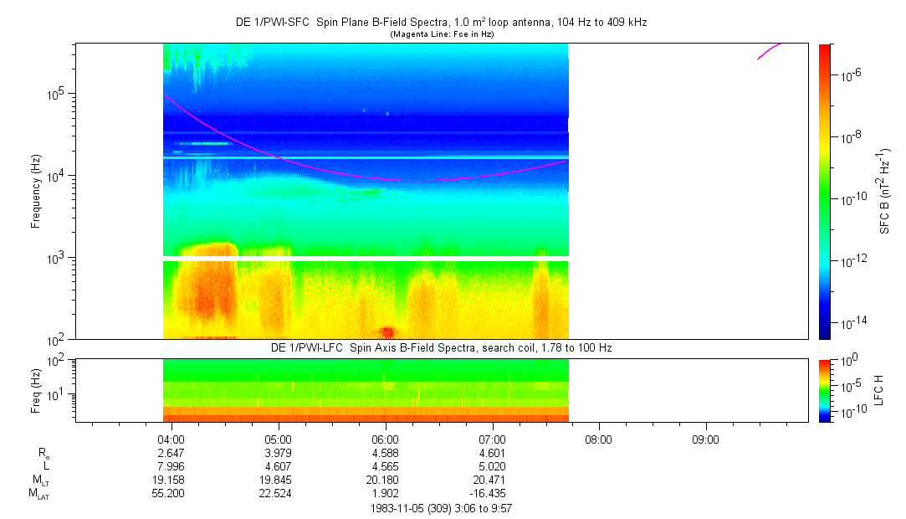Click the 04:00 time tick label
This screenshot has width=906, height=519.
171,439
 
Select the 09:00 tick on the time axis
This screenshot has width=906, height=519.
705,439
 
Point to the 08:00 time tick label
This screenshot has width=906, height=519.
598,439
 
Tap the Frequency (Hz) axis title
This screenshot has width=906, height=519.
36,191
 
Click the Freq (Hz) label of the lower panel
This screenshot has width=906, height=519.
36,390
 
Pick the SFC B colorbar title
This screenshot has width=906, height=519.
885,191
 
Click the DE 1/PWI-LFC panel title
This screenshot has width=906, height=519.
441,347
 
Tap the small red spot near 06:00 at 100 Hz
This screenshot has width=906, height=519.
387,332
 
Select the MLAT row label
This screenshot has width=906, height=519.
38,495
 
